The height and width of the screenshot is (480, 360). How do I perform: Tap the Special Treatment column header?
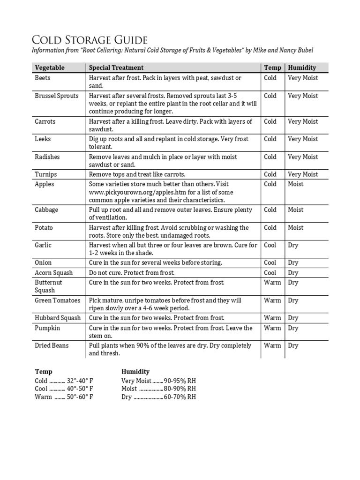[116, 67]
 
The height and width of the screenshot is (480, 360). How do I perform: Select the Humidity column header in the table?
[302, 67]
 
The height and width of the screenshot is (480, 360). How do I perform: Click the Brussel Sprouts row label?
[56, 96]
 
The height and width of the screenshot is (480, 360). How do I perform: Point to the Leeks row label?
[43, 139]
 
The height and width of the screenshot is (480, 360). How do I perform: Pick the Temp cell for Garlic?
[270, 245]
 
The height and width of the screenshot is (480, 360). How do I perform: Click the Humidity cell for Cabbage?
[296, 210]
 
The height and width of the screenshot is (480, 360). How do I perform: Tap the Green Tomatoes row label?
[57, 300]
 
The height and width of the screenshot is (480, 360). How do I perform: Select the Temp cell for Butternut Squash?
[272, 283]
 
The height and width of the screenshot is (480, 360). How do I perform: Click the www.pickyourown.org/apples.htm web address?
[134, 192]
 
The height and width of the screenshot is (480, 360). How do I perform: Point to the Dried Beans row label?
[52, 345]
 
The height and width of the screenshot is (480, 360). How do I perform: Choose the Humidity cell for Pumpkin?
[293, 328]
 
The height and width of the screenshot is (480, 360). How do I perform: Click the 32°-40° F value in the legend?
[80, 381]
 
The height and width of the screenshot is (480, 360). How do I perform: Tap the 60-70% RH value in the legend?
[180, 397]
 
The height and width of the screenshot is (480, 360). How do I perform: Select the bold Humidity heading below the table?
[135, 372]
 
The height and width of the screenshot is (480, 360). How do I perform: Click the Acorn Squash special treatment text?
[132, 273]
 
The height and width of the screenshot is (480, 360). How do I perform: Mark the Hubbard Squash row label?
[58, 318]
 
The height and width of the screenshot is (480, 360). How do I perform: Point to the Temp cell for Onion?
[270, 263]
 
